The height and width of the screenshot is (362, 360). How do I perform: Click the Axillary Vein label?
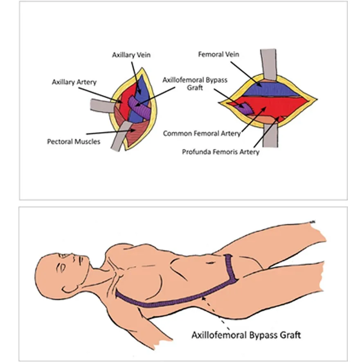(x=131, y=55)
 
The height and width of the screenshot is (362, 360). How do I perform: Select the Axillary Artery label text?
(x=74, y=82)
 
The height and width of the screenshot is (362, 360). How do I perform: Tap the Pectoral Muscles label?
(x=74, y=142)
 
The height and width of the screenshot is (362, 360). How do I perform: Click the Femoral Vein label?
(x=218, y=54)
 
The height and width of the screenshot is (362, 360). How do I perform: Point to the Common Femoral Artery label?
(x=202, y=133)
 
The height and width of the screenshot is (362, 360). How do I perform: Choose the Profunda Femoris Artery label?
(x=221, y=152)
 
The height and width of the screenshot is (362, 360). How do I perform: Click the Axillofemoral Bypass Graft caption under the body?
(x=246, y=335)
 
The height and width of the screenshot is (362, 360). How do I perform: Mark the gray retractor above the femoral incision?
(x=268, y=65)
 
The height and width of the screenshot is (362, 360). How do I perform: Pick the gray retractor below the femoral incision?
(x=270, y=135)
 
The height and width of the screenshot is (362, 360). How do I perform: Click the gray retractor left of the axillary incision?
(x=102, y=106)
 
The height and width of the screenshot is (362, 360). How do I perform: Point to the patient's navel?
(x=210, y=263)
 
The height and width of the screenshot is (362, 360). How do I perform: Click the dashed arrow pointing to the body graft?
(x=216, y=313)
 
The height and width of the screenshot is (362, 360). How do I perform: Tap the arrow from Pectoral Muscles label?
(x=111, y=132)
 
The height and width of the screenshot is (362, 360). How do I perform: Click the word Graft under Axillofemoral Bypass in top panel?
(x=195, y=88)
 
